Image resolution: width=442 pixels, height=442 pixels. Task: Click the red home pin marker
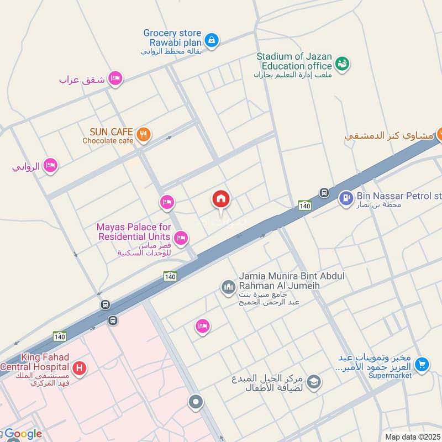pyautogui.click(x=222, y=199)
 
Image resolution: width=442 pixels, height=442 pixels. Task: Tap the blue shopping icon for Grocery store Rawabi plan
pyautogui.click(x=212, y=40)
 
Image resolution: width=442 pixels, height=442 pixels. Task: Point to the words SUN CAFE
pyautogui.click(x=111, y=132)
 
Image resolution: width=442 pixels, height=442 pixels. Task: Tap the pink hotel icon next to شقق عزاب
pyautogui.click(x=115, y=79)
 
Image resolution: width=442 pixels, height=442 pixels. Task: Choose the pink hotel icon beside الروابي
pyautogui.click(x=51, y=165)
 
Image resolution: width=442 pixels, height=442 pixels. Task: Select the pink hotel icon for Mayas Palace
pyautogui.click(x=181, y=238)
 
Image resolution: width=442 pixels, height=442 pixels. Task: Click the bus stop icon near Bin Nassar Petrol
pyautogui.click(x=324, y=193)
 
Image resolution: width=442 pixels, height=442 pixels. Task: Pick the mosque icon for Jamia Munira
pyautogui.click(x=228, y=287)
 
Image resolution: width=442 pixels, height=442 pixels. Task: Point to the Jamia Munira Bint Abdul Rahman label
pyautogui.click(x=280, y=281)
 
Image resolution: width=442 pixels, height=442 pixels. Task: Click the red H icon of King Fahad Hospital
pyautogui.click(x=80, y=367)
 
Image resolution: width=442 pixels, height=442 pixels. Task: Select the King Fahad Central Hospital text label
pyautogui.click(x=37, y=362)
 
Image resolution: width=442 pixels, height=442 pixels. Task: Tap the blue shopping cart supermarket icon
pyautogui.click(x=422, y=364)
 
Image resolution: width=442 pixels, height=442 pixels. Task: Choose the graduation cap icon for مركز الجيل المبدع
pyautogui.click(x=314, y=382)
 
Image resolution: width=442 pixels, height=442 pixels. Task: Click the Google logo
pyautogui.click(x=23, y=434)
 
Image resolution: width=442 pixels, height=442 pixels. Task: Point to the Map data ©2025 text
pyautogui.click(x=412, y=437)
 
